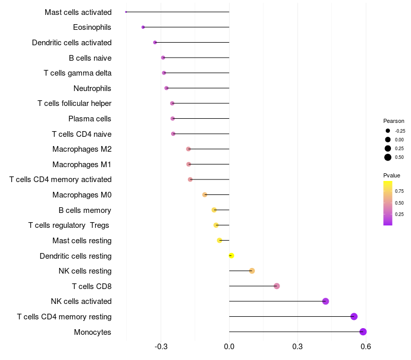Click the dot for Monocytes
click(x=363, y=332)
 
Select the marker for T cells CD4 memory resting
click(x=354, y=316)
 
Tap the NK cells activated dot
click(x=326, y=301)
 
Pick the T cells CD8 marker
click(x=277, y=286)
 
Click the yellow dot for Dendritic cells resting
click(x=231, y=256)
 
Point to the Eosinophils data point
click(x=143, y=27)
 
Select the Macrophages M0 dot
click(x=205, y=195)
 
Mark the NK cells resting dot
click(x=252, y=271)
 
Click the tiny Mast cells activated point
click(x=126, y=12)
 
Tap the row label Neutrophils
click(x=92, y=88)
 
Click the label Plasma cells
click(x=90, y=119)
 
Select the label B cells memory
click(x=85, y=210)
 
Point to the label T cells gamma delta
click(x=78, y=73)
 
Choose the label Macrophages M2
click(x=82, y=149)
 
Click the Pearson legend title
click(x=394, y=121)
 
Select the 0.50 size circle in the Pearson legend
click(x=388, y=157)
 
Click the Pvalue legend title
click(x=391, y=175)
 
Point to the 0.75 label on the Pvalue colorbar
click(x=399, y=191)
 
